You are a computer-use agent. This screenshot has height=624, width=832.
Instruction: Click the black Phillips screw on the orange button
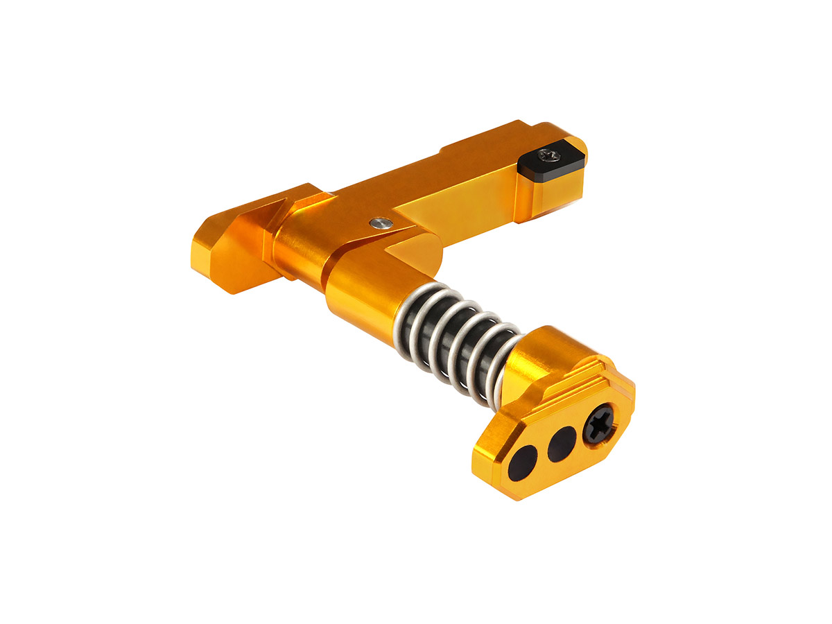click(597, 424)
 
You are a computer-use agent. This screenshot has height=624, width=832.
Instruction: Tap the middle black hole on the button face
click(562, 444)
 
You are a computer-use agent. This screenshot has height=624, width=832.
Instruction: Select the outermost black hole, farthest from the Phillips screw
click(525, 461)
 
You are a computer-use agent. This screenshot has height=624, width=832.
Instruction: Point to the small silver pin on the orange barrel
click(379, 223)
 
